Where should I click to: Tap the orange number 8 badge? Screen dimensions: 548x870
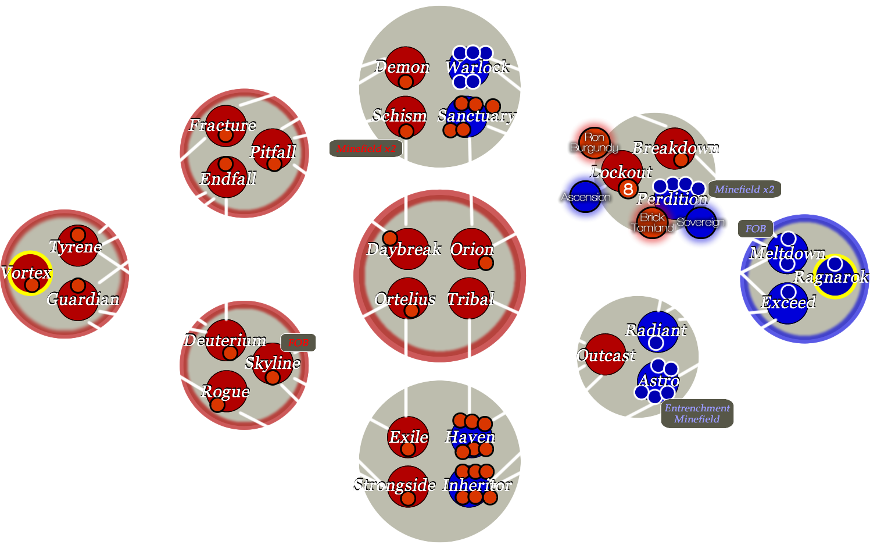pyautogui.click(x=628, y=189)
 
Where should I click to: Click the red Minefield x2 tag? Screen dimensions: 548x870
pyautogui.click(x=366, y=149)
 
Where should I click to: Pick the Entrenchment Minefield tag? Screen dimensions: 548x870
pyautogui.click(x=697, y=414)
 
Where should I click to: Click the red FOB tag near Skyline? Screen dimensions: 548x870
pyautogui.click(x=298, y=343)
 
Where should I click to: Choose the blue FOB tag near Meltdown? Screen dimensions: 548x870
pyautogui.click(x=756, y=229)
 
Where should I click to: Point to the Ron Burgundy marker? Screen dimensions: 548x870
pyautogui.click(x=594, y=143)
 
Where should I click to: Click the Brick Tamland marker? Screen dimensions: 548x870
pyautogui.click(x=652, y=223)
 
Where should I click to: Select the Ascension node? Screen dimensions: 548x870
pyautogui.click(x=585, y=197)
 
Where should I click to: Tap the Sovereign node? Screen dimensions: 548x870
pyautogui.click(x=700, y=222)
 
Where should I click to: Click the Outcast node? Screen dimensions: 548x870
pyautogui.click(x=606, y=355)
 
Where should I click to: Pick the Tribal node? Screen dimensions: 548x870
pyautogui.click(x=470, y=299)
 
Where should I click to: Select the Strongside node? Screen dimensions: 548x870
pyautogui.click(x=408, y=486)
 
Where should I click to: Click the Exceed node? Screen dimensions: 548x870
pyautogui.click(x=787, y=303)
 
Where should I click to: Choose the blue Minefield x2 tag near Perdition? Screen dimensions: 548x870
pyautogui.click(x=744, y=190)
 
